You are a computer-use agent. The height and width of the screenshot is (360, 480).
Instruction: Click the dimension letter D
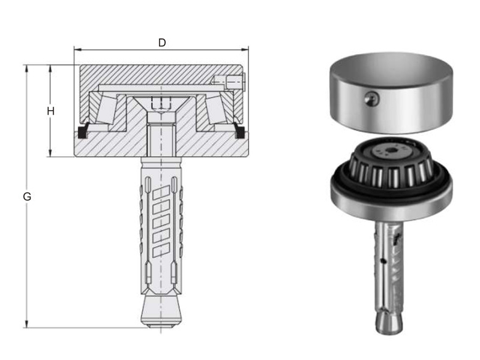[x=162, y=43]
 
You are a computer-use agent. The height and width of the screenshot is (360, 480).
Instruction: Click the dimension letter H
[x=51, y=111]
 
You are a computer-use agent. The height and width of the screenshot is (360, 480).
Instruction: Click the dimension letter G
[x=27, y=197]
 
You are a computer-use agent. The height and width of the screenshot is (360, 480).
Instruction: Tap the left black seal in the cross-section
[x=83, y=131]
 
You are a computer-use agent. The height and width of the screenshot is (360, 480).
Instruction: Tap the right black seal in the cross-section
[x=239, y=131]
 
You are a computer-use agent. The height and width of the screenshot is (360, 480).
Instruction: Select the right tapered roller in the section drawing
[x=216, y=110]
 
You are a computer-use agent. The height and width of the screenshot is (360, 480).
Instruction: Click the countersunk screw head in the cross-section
[x=161, y=104]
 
